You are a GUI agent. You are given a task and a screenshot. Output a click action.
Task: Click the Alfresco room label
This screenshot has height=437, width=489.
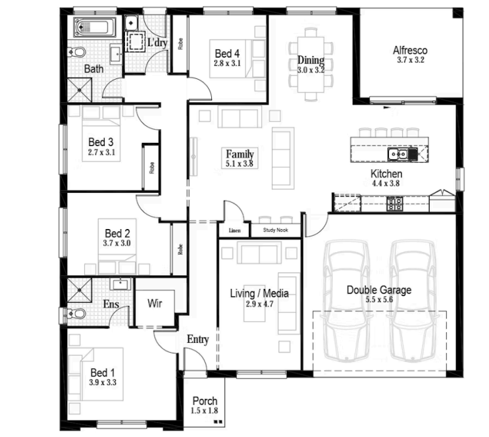point(410,50)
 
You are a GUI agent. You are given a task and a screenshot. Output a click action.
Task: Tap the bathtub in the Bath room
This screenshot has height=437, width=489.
point(95,27)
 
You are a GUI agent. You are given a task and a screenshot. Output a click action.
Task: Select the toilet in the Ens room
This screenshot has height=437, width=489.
point(76,313)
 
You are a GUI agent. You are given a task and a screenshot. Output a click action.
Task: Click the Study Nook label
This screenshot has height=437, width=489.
point(275,230)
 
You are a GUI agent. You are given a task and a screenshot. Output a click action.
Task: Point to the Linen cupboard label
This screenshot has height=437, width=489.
point(234,230)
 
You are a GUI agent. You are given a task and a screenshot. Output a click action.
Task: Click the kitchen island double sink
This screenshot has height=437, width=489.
point(398,154)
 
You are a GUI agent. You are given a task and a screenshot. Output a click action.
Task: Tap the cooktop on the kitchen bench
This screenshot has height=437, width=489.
point(394,204)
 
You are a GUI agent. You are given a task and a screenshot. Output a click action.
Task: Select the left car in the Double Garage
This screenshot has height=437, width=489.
point(346,301)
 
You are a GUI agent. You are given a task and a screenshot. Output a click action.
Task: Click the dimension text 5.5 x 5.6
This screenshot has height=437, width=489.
point(379,299)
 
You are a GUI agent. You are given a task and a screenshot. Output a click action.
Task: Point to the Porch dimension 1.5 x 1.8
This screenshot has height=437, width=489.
point(204,411)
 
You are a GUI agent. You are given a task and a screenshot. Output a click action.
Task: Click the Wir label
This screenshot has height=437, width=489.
point(155,303)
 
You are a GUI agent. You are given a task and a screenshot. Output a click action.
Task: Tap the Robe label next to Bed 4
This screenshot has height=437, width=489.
point(180,43)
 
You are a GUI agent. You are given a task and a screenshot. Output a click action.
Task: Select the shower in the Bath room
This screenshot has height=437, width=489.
point(80,90)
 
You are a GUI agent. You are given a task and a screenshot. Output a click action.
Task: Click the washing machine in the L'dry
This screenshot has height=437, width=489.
point(136,41)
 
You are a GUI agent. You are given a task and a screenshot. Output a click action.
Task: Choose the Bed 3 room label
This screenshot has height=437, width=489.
point(101,142)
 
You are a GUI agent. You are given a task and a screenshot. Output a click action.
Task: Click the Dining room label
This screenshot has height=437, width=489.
point(311,60)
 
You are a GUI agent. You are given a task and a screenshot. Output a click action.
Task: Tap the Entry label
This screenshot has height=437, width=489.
point(197,340)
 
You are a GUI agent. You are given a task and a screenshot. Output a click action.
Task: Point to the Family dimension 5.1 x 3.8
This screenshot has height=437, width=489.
point(239,163)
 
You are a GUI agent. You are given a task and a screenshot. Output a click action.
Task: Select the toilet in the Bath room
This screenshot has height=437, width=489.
point(76,52)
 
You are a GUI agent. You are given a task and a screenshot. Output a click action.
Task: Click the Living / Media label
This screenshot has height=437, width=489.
point(259,294)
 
